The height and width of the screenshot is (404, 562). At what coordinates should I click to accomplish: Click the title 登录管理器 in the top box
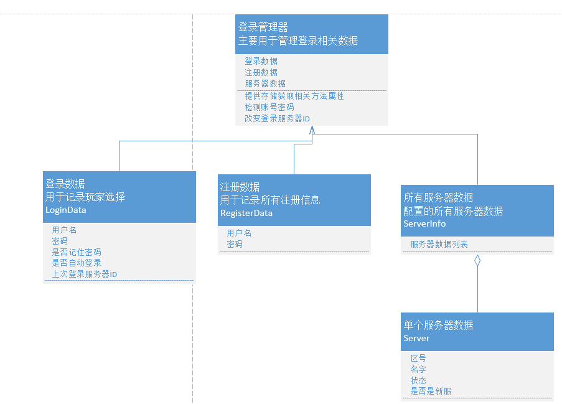click(x=263, y=27)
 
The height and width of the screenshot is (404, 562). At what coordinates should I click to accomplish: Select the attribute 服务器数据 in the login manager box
click(x=265, y=83)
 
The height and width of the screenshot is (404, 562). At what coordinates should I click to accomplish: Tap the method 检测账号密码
click(x=269, y=107)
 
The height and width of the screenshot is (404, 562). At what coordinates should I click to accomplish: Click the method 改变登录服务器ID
click(x=277, y=118)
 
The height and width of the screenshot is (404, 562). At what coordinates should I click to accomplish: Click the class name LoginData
click(x=66, y=210)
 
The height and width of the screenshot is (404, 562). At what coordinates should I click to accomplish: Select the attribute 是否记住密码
click(x=77, y=252)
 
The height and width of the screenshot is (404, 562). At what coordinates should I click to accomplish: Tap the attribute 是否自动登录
click(x=77, y=263)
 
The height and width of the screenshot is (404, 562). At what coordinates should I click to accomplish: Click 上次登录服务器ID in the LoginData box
click(x=85, y=274)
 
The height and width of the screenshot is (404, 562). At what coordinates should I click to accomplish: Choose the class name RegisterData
click(x=246, y=213)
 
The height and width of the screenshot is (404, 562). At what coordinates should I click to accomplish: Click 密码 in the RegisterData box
click(x=235, y=244)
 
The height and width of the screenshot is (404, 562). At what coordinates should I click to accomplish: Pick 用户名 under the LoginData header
click(x=64, y=230)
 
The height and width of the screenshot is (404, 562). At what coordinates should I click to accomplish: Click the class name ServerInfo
click(x=424, y=223)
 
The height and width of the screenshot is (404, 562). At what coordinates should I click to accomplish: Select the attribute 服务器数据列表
click(x=439, y=245)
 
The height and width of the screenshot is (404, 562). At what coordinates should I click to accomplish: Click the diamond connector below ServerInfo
click(x=477, y=261)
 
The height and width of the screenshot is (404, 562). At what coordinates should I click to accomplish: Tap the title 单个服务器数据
click(x=438, y=325)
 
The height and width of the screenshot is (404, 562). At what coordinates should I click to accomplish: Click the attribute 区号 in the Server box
click(x=418, y=359)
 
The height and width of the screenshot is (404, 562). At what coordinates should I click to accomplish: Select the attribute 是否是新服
click(x=431, y=392)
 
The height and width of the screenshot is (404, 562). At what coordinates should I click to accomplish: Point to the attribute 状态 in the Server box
click(x=418, y=380)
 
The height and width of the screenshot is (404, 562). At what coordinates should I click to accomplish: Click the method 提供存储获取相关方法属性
click(x=294, y=96)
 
